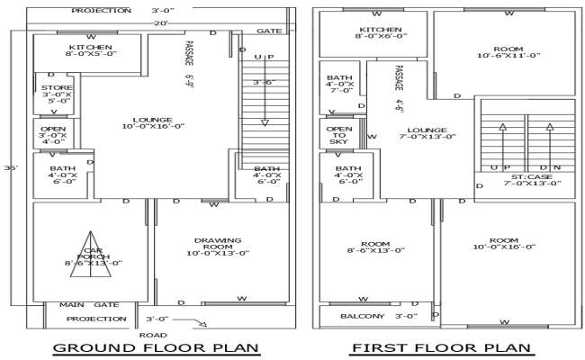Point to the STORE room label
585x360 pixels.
pos(51,94)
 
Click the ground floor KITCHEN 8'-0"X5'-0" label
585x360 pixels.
pos(90,50)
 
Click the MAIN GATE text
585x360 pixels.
pos(89,305)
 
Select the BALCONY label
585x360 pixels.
pos(363,317)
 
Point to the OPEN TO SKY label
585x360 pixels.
pos(338,135)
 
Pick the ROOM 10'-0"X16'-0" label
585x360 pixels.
pos(505,242)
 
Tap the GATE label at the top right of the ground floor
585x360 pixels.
pos(268,31)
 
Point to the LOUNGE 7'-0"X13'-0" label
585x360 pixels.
pos(426,133)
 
